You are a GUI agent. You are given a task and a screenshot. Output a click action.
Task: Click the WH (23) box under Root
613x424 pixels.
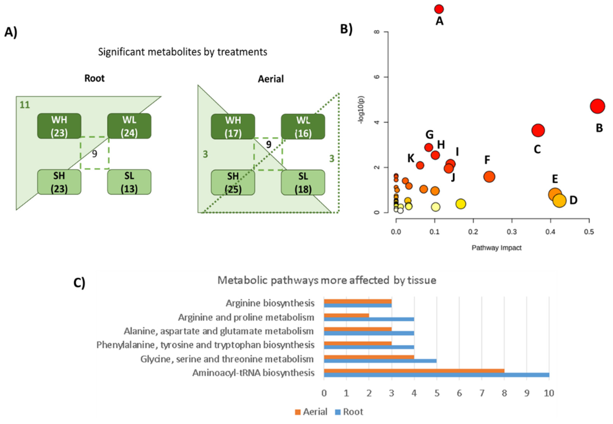[59, 126]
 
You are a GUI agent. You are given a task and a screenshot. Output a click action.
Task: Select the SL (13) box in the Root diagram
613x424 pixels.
[129, 182]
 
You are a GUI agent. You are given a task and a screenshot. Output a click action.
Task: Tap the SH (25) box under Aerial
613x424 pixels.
[233, 182]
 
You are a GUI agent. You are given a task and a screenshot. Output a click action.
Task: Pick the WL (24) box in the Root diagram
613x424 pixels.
[129, 126]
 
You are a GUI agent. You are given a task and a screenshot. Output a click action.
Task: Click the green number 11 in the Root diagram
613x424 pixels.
[25, 105]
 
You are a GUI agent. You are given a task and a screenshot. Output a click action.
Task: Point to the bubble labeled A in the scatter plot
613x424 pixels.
[439, 9]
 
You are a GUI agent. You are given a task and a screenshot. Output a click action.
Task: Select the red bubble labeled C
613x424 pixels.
[538, 130]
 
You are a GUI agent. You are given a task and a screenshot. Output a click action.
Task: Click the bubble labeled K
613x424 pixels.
[420, 165]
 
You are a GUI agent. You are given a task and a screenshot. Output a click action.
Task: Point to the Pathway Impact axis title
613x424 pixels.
[496, 248]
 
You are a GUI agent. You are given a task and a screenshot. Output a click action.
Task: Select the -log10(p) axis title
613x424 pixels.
[361, 110]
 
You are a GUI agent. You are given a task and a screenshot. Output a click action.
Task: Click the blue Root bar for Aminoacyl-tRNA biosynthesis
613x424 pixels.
[436, 375]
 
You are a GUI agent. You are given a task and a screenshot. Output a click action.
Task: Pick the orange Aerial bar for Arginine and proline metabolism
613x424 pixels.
[346, 315]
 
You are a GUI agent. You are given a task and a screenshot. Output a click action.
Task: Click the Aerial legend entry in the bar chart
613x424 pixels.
[311, 412]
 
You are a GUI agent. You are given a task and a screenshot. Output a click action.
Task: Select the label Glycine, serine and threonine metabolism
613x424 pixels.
[227, 359]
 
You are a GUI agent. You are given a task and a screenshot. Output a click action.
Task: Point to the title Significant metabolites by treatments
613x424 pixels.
[182, 52]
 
